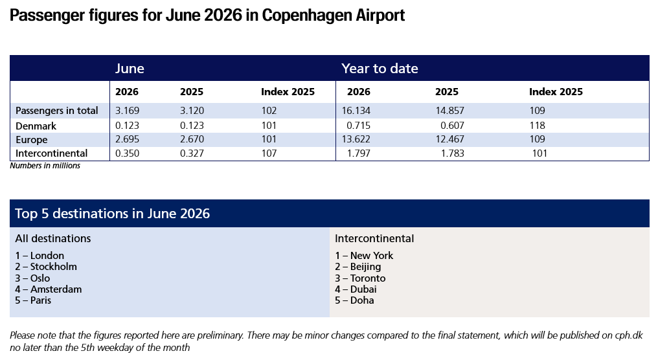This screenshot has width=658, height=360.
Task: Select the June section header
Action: pyautogui.click(x=130, y=69)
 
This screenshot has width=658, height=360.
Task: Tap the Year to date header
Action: pyautogui.click(x=380, y=69)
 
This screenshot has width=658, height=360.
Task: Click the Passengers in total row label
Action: pyautogui.click(x=56, y=110)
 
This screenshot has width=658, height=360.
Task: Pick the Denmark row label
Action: pyautogui.click(x=36, y=126)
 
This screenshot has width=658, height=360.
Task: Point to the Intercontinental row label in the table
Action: pyautogui.click(x=52, y=153)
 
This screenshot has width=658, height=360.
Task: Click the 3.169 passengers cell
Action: pyautogui.click(x=127, y=110)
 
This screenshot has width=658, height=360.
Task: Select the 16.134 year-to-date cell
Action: pyautogui.click(x=356, y=110)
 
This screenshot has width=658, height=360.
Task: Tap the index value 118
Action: pyautogui.click(x=537, y=125)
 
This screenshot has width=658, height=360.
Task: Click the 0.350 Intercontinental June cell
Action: pyautogui.click(x=127, y=153)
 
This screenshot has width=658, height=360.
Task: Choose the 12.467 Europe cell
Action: pyautogui.click(x=450, y=139)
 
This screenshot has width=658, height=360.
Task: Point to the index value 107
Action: pyautogui.click(x=269, y=153)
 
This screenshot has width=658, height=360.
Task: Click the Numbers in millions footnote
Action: pyautogui.click(x=45, y=166)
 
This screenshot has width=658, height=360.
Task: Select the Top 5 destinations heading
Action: pyautogui.click(x=113, y=214)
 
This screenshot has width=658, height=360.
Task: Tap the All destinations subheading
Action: pyautogui.click(x=53, y=238)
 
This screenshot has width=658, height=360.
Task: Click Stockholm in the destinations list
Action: pyautogui.click(x=53, y=266)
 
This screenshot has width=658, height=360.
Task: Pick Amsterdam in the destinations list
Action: pyautogui.click(x=56, y=289)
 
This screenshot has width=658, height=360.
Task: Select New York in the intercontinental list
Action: pyautogui.click(x=372, y=256)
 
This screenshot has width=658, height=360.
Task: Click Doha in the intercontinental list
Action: pyautogui.click(x=362, y=300)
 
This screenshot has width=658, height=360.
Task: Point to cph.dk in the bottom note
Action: pyautogui.click(x=629, y=335)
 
